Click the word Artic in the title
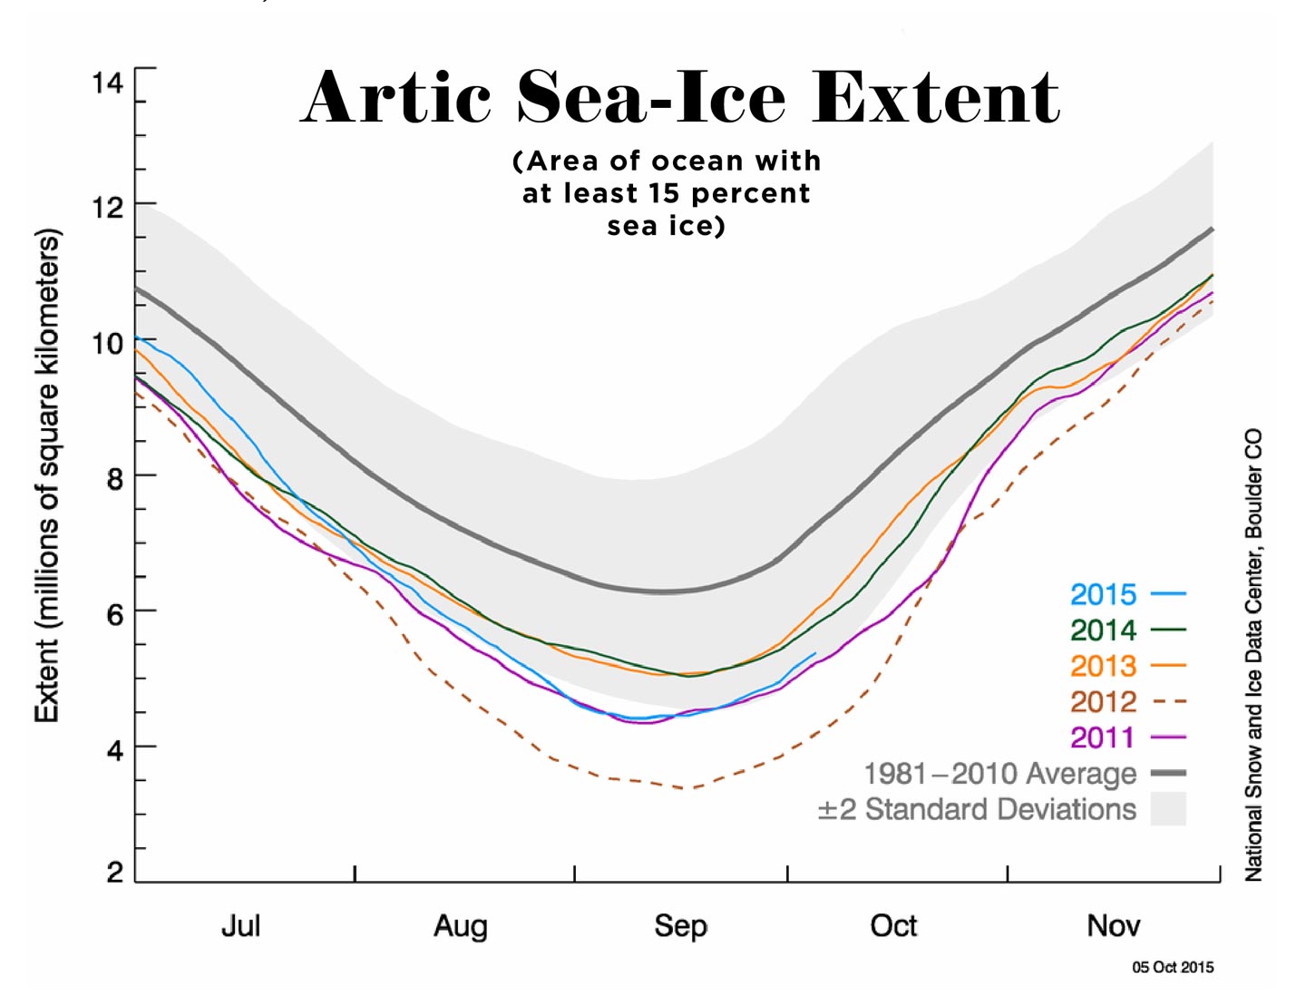(x=396, y=97)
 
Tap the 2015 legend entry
(x=1103, y=595)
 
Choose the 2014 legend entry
(x=1103, y=630)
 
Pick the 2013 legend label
(x=1103, y=666)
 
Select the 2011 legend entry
(x=1103, y=738)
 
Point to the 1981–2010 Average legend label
(x=999, y=774)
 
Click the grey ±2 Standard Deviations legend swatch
(x=1168, y=809)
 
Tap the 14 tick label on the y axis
(x=107, y=84)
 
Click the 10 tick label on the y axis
(x=107, y=344)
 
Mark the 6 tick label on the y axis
(x=114, y=615)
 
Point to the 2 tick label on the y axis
(x=114, y=873)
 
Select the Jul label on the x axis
(x=240, y=926)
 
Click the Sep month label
(x=680, y=926)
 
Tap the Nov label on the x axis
(x=1113, y=926)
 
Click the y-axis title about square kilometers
(x=47, y=475)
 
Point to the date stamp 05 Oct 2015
(x=1172, y=967)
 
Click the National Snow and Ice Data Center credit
(x=1253, y=654)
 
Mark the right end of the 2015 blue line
(x=815, y=653)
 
